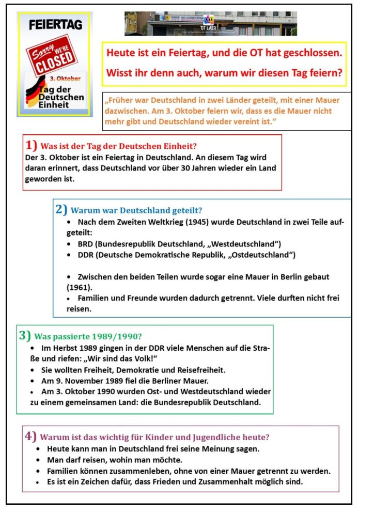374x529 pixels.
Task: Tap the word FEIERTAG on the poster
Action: coord(54,24)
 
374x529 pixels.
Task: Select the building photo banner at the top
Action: coord(210,23)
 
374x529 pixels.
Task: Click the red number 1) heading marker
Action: coord(31,145)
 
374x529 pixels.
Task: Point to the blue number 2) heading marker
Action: coord(61,209)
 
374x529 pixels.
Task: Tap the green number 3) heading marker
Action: coord(25,335)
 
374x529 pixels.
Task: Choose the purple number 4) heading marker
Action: coord(30,436)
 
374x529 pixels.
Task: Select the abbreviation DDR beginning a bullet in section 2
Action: coord(86,255)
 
